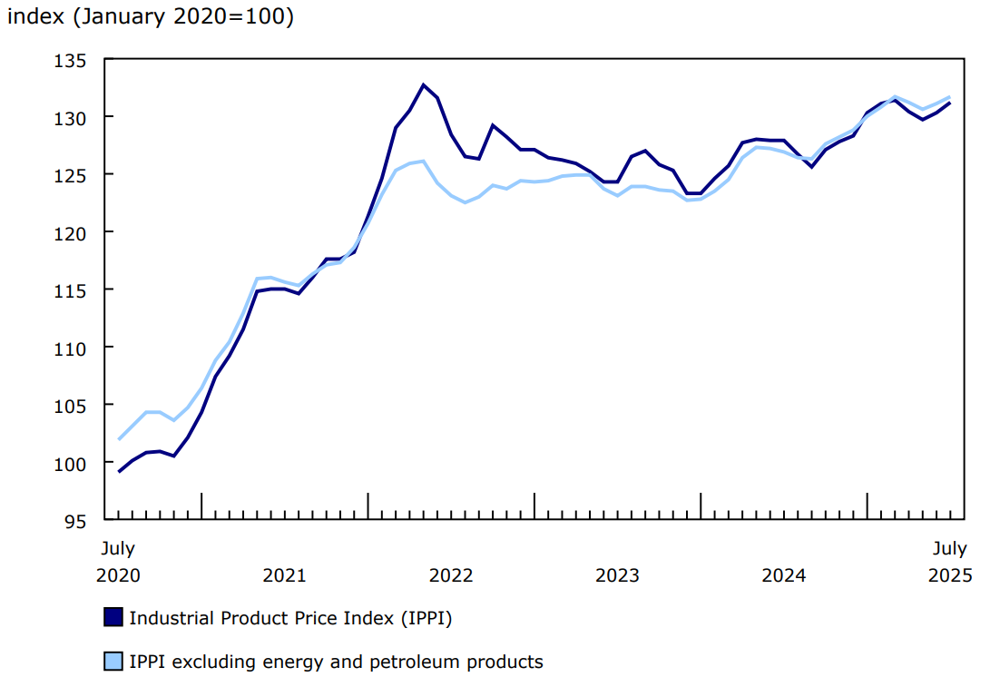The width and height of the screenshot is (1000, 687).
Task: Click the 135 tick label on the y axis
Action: pos(72,61)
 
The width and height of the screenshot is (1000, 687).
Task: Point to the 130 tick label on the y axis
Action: pos(72,118)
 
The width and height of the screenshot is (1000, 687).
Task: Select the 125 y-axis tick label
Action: pos(72,175)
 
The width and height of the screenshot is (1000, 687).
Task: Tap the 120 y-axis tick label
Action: pos(72,233)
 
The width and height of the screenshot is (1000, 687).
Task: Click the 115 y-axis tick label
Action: pos(72,290)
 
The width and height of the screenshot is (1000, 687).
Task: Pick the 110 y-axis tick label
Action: pos(72,348)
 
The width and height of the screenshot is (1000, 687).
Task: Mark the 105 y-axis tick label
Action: pos(72,406)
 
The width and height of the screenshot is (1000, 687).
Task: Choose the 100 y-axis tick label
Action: pos(72,464)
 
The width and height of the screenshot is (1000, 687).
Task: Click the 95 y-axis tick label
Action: pos(76,521)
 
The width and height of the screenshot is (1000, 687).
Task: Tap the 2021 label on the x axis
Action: pos(284,575)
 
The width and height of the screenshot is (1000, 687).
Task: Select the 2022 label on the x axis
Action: pos(451,575)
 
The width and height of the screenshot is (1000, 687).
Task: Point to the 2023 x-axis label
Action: pos(617,575)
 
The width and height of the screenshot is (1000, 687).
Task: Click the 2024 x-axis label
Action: pos(784,575)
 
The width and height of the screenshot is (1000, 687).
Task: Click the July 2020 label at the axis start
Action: pos(118,562)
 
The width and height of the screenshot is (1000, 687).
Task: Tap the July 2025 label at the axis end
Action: pos(950,562)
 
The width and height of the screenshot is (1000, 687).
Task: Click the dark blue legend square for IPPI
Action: pos(113,618)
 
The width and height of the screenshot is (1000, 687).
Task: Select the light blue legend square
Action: pos(113,662)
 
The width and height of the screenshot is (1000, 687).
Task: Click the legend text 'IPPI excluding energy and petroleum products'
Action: pos(336,662)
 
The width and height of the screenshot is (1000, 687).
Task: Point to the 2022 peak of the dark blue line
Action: pos(423,84)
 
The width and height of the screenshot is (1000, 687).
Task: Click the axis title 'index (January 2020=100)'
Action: pos(151,17)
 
